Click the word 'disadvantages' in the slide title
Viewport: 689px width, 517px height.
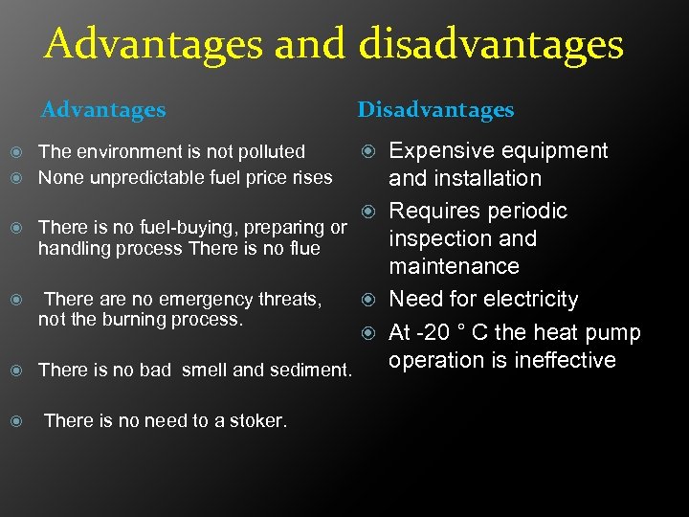[x=491, y=45]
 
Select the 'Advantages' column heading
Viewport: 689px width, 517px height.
[x=103, y=110]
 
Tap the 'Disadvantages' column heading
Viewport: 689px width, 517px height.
[x=435, y=110]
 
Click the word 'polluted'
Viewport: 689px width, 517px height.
[x=271, y=151]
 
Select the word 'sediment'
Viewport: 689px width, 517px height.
[x=310, y=370]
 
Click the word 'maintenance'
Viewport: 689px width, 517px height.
[x=454, y=266]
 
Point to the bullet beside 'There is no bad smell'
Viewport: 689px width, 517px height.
[x=15, y=370]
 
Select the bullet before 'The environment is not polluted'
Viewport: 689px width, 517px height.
[x=15, y=151]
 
